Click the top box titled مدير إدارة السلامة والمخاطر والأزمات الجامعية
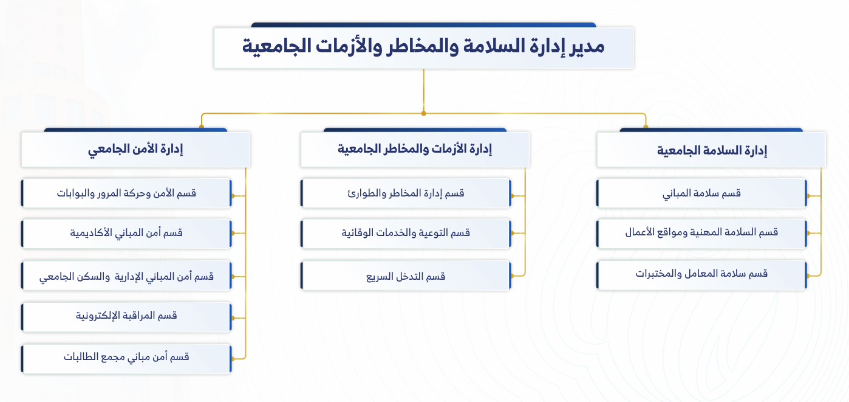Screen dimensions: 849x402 423,48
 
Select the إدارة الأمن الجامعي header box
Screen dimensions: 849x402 135,150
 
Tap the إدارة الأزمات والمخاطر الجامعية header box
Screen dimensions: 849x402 415,150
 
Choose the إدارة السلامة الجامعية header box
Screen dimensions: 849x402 711,150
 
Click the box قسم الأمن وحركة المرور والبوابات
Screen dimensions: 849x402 126,193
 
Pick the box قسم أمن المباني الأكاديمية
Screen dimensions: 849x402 126,233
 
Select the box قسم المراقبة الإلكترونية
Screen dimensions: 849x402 126,317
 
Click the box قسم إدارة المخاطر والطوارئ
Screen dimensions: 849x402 406,193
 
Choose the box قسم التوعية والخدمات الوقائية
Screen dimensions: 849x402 406,233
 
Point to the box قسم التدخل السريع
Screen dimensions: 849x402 406,276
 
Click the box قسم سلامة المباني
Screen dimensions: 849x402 701,193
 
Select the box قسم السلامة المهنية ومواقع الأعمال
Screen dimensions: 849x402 701,233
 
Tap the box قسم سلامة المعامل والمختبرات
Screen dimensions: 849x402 701,276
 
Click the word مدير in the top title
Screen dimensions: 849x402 587,46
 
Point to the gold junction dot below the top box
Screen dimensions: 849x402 424,114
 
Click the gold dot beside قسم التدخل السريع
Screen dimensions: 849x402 513,276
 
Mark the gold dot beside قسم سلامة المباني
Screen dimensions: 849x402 808,196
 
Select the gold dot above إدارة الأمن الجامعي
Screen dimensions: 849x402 202,126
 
